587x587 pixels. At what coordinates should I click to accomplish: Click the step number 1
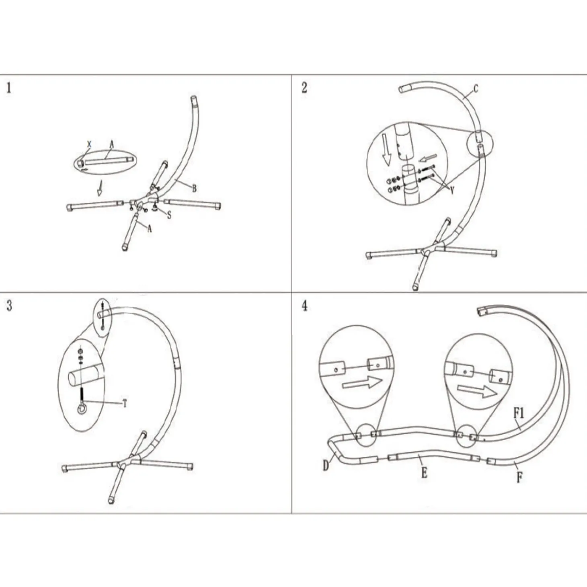click(x=9, y=88)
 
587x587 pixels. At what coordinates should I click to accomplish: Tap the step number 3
click(x=9, y=306)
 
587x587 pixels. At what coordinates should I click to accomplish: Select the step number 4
click(x=305, y=306)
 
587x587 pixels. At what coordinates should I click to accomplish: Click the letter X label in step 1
click(x=89, y=144)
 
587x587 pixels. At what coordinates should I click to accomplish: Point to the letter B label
click(x=194, y=189)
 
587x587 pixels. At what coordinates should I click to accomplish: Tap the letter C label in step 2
click(x=476, y=88)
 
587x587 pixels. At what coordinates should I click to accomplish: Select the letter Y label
click(x=452, y=191)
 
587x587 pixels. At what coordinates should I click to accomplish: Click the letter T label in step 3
click(x=124, y=404)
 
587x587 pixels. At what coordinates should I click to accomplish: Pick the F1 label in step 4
click(x=519, y=413)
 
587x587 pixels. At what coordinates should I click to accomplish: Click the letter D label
click(x=326, y=466)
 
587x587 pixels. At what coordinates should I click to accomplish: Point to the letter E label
click(x=424, y=473)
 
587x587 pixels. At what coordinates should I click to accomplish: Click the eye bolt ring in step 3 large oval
click(x=82, y=409)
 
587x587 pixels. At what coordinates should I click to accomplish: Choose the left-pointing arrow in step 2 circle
click(x=428, y=158)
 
